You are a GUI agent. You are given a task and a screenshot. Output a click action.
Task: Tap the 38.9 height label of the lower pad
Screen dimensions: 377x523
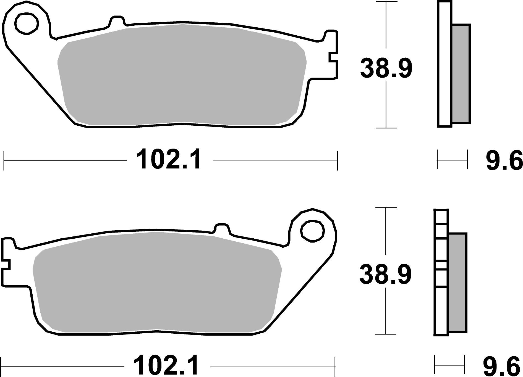click(x=385, y=275)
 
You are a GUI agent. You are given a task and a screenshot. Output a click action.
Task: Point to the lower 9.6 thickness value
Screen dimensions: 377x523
click(x=502, y=367)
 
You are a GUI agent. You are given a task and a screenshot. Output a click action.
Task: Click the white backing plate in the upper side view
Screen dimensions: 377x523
click(x=444, y=64)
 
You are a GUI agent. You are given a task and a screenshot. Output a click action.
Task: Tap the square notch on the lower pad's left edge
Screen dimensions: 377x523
click(x=6, y=264)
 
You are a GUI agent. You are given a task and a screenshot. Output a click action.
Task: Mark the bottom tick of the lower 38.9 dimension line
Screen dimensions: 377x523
click(x=385, y=334)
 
